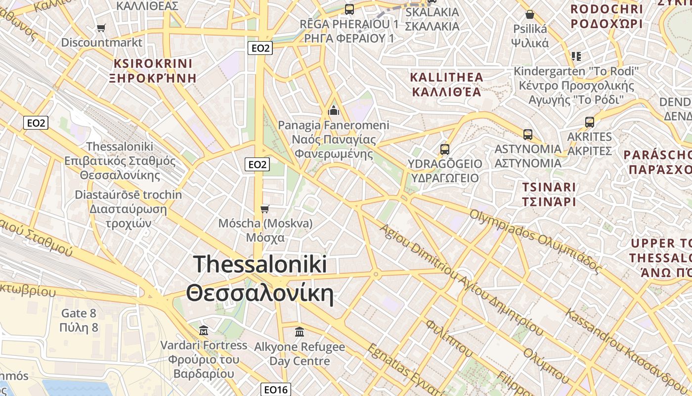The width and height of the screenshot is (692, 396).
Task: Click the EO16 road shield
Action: [x=275, y=390]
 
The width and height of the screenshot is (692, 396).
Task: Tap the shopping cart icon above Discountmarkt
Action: [x=101, y=28]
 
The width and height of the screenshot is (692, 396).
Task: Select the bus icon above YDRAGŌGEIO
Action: [x=444, y=149]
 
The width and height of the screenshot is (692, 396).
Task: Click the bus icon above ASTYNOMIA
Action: [x=528, y=134]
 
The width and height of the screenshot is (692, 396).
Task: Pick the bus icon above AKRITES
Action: [x=589, y=122]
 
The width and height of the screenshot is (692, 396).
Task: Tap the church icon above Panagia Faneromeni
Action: [x=334, y=110]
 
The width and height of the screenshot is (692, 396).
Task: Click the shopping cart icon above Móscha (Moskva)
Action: [x=265, y=209]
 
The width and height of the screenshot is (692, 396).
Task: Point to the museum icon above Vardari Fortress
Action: [x=203, y=330]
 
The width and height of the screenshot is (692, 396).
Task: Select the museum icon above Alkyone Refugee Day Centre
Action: [x=299, y=332]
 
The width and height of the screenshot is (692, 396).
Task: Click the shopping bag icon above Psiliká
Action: [x=530, y=14]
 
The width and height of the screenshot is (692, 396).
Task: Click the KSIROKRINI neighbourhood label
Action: [x=153, y=64]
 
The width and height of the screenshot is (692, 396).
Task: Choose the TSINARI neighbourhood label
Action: [x=549, y=188]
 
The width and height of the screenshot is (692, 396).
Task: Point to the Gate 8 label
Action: [x=79, y=313]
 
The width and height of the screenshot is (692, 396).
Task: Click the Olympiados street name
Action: [x=499, y=227]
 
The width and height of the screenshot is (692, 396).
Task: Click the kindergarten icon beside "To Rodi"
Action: [x=576, y=56]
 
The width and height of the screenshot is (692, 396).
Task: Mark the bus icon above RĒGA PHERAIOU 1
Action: [x=349, y=9]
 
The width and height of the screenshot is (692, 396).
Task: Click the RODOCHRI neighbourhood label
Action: [x=606, y=9]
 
